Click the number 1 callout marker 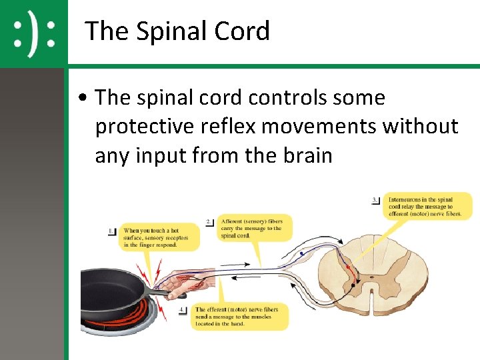tap(111, 231)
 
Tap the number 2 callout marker tap(209, 221)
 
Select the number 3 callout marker tap(376, 199)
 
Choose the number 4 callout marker tap(183, 310)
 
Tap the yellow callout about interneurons tap(427, 206)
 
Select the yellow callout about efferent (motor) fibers tap(240, 317)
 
